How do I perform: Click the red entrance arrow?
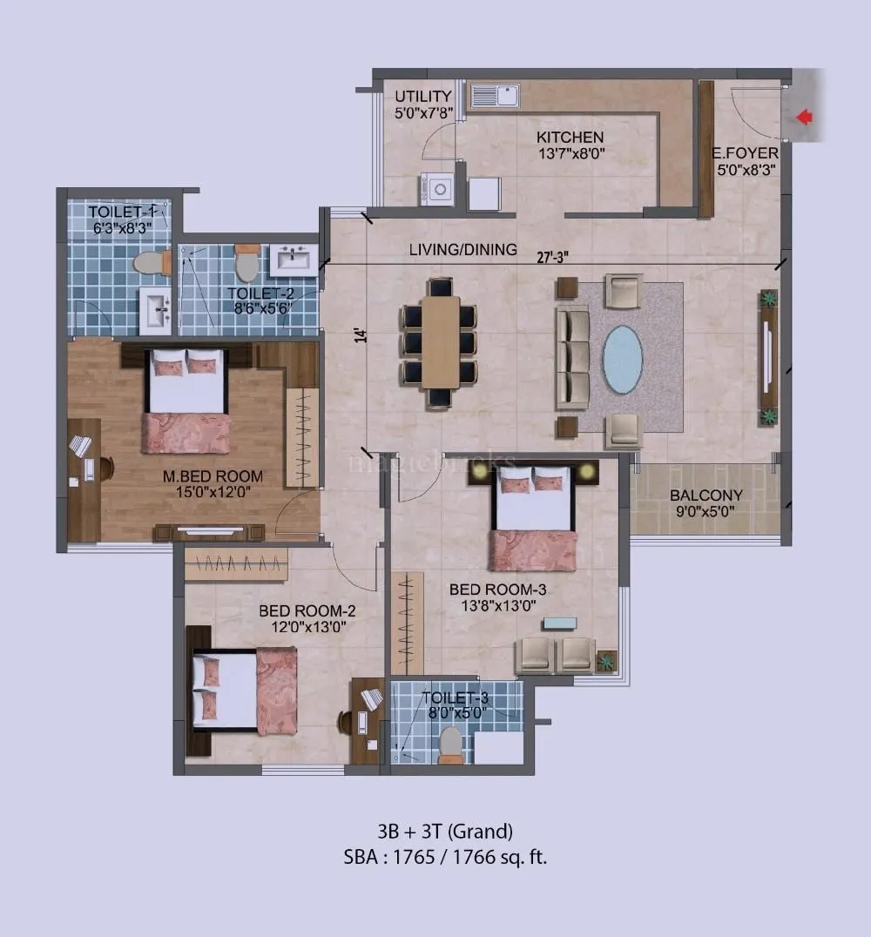(805, 116)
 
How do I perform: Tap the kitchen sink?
(494, 96)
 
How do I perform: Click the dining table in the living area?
(440, 341)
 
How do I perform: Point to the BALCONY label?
(706, 495)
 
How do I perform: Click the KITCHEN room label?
(570, 138)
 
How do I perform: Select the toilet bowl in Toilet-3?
(451, 744)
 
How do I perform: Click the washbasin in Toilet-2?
(294, 260)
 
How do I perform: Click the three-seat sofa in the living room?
(572, 357)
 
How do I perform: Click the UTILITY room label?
(423, 96)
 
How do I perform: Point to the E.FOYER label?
(745, 154)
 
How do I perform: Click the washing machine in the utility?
(436, 189)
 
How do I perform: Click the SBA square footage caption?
(445, 856)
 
